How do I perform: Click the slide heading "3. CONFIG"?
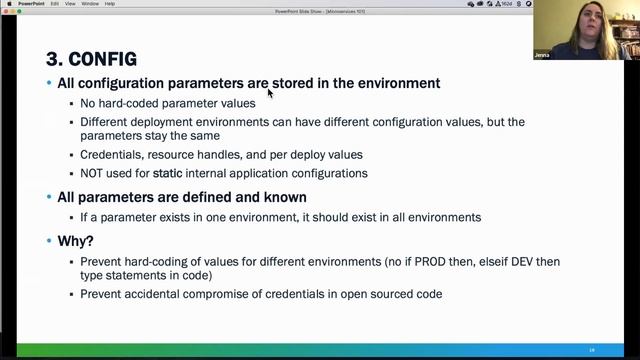(91, 59)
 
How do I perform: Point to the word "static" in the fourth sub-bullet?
(167, 173)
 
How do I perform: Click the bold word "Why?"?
(75, 241)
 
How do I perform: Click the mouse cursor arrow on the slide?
(270, 93)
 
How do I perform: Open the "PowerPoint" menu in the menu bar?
(31, 4)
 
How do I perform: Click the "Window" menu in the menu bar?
(90, 4)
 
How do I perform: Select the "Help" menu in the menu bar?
(110, 4)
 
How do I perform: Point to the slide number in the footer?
(592, 350)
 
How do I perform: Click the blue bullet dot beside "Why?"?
(49, 241)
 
